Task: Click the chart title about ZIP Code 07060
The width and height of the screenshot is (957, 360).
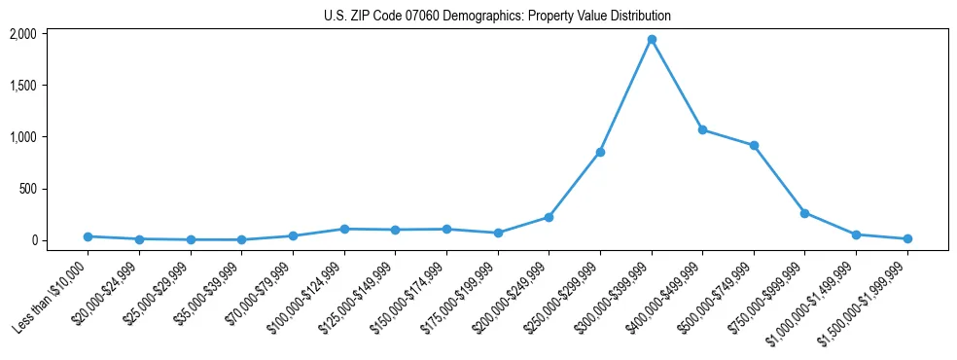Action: click(497, 16)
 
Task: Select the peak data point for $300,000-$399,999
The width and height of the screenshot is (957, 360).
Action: click(652, 40)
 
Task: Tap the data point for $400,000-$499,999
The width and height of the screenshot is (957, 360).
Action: click(702, 129)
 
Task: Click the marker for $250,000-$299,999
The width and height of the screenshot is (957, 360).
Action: click(600, 152)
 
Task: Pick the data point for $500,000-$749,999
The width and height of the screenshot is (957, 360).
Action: click(754, 146)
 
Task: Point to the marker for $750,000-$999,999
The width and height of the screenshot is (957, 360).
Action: click(804, 213)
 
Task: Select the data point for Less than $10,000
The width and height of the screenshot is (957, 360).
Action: click(89, 236)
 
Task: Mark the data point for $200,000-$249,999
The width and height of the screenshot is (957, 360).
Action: click(549, 217)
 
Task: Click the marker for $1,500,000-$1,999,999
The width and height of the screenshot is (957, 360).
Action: click(906, 238)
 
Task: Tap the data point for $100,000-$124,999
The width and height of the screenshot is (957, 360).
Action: click(344, 229)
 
